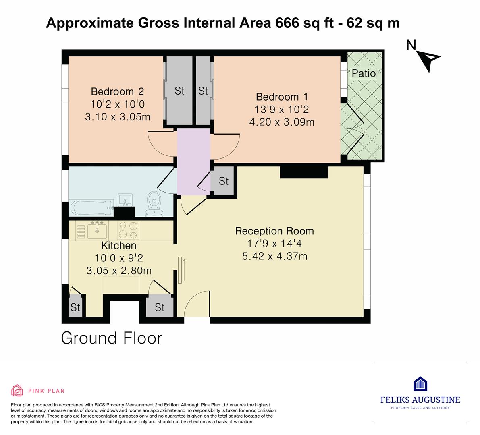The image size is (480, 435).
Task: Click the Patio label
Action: [364, 73]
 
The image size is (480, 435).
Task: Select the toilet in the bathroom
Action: [154, 204]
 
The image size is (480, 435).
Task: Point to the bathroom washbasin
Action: [125, 200]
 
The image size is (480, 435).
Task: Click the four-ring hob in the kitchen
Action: [128, 230]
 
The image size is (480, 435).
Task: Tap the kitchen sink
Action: [97, 230]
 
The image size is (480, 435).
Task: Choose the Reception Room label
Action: [274, 231]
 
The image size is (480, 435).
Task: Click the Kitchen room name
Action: [119, 245]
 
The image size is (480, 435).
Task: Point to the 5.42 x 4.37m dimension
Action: [274, 256]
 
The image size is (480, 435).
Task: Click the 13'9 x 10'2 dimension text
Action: [282, 110]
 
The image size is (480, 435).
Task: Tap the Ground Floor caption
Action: [111, 338]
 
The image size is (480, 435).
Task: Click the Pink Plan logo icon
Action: [17, 390]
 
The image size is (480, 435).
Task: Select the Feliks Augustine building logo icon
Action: [420, 384]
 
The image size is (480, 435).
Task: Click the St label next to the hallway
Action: [224, 181]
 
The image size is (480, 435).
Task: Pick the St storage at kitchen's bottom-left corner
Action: [75, 307]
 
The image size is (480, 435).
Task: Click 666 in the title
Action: [287, 23]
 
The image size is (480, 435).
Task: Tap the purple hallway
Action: [194, 162]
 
